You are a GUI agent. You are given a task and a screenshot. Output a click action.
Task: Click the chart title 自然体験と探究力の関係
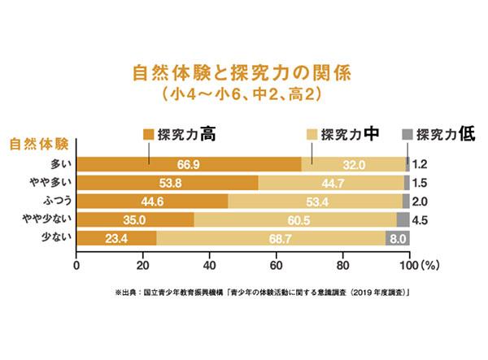243,72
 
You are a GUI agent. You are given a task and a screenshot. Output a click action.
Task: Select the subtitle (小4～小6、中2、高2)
243,94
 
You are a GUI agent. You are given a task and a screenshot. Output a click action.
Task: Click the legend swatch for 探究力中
312,133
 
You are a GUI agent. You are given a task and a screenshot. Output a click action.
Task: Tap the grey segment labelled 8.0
397,238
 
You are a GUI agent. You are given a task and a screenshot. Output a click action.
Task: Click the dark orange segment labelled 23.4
116,238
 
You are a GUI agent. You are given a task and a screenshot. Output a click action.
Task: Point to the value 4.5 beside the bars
420,219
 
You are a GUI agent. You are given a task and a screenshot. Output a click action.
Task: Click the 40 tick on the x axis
209,264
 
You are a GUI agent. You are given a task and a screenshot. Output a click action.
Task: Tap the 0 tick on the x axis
76,264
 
